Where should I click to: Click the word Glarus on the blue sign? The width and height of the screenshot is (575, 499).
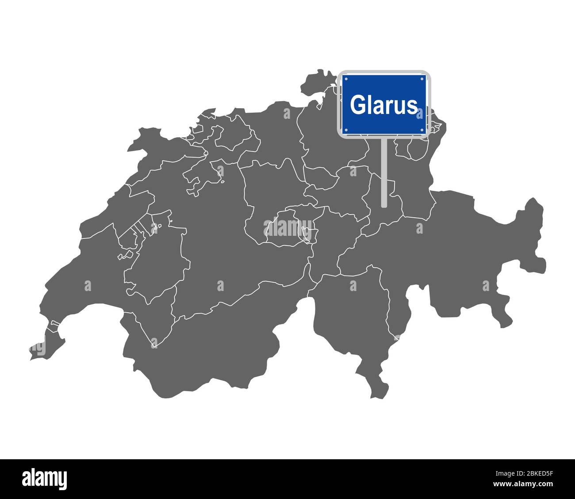tap(383, 105)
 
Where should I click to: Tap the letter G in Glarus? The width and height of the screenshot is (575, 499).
tap(357, 105)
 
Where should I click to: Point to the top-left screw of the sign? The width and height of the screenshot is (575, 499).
tap(346, 79)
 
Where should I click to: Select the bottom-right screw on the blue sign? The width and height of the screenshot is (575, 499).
tap(423, 130)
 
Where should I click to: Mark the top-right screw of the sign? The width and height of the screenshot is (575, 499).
tap(423, 79)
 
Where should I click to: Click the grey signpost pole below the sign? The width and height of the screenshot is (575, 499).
tap(384, 172)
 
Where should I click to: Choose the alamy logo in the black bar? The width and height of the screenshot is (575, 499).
tap(45, 479)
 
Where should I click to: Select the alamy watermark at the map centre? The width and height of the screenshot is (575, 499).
tap(288, 228)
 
